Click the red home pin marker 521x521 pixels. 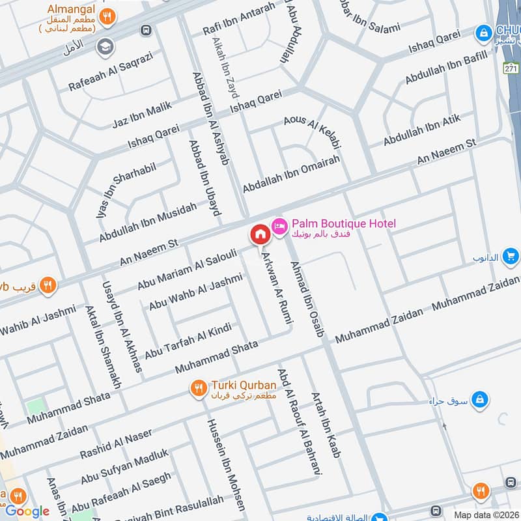click(259, 234)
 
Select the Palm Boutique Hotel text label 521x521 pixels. click(343, 224)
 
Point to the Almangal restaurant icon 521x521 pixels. click(110, 16)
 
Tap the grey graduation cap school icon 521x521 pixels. click(104, 47)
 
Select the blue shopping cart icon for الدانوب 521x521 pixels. click(511, 257)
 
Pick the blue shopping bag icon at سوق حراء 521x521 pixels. click(479, 397)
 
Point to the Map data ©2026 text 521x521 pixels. click(485, 514)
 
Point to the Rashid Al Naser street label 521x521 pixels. click(116, 444)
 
